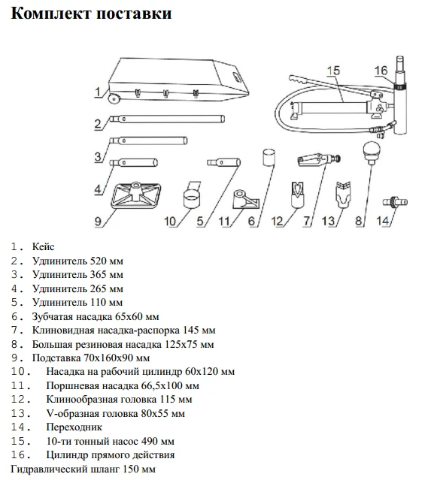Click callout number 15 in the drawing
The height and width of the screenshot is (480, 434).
pyautogui.click(x=333, y=71)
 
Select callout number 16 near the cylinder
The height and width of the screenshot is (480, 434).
pyautogui.click(x=381, y=71)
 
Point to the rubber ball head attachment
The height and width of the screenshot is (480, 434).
pyautogui.click(x=372, y=152)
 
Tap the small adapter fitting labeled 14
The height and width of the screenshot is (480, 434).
pyautogui.click(x=395, y=202)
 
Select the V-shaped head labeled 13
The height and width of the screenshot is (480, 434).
pyautogui.click(x=343, y=194)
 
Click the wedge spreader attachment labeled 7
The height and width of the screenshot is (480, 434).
pyautogui.click(x=319, y=159)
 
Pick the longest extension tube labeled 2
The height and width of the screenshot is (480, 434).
pyautogui.click(x=167, y=119)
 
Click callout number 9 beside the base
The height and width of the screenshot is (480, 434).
pyautogui.click(x=98, y=221)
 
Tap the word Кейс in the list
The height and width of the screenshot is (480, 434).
pyautogui.click(x=43, y=246)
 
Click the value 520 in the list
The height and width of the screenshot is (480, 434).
pyautogui.click(x=98, y=261)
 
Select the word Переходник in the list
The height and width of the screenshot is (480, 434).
pyautogui.click(x=74, y=427)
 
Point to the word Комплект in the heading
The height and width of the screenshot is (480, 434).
pyautogui.click(x=51, y=14)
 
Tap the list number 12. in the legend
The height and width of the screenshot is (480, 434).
pyautogui.click(x=21, y=400)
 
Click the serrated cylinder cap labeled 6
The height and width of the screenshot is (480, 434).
pyautogui.click(x=269, y=157)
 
